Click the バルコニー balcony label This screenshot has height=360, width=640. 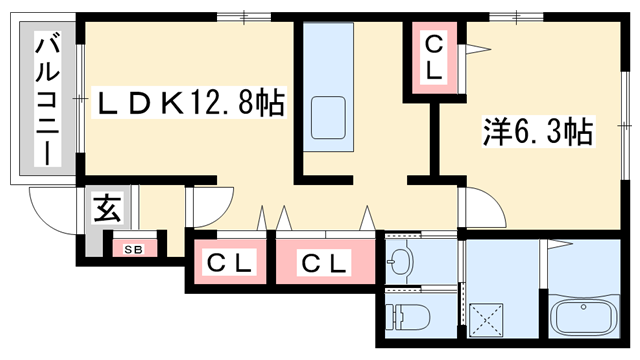45,100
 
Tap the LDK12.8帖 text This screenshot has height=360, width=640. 190,102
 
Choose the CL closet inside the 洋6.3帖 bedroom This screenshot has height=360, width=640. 433,57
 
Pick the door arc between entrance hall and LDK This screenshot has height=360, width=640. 205,208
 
